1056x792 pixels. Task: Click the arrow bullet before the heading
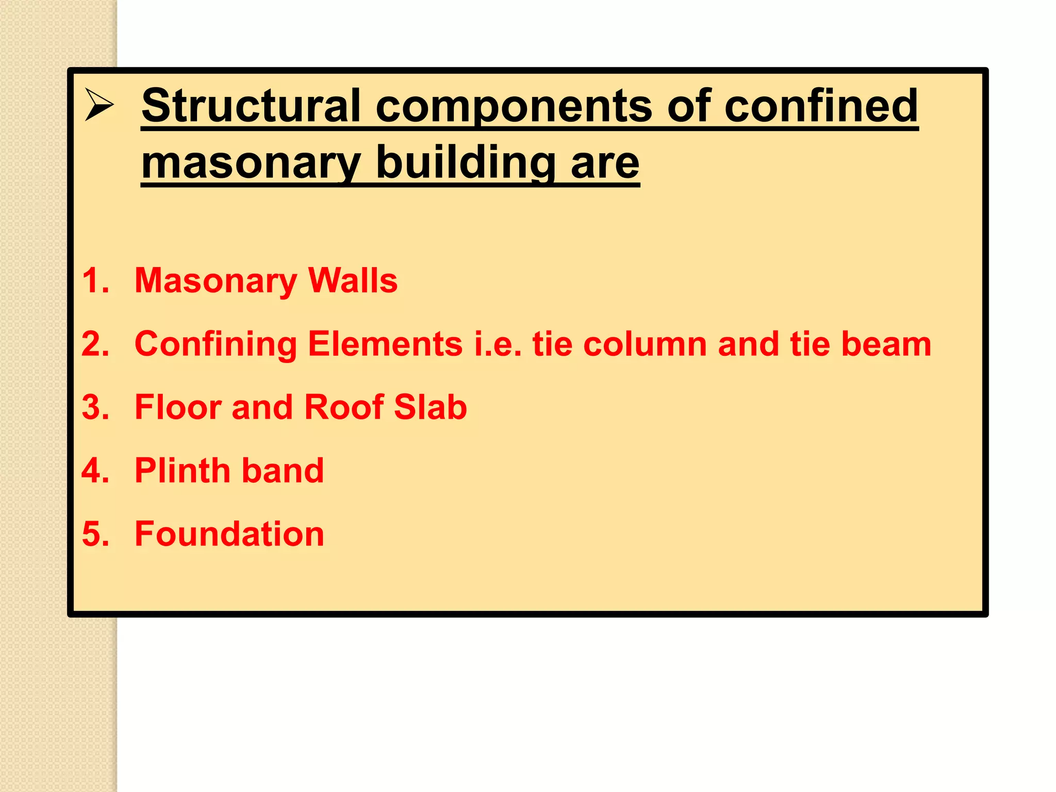click(x=99, y=105)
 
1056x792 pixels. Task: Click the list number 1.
click(x=95, y=280)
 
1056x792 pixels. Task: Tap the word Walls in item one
click(x=353, y=280)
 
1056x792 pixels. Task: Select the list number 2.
click(x=95, y=344)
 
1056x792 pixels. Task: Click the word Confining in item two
click(x=216, y=344)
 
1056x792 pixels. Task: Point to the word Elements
click(x=385, y=344)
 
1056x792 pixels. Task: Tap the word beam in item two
click(x=886, y=344)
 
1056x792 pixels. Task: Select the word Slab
click(x=431, y=407)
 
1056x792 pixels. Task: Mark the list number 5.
click(x=95, y=534)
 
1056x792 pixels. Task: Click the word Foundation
click(x=229, y=534)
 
